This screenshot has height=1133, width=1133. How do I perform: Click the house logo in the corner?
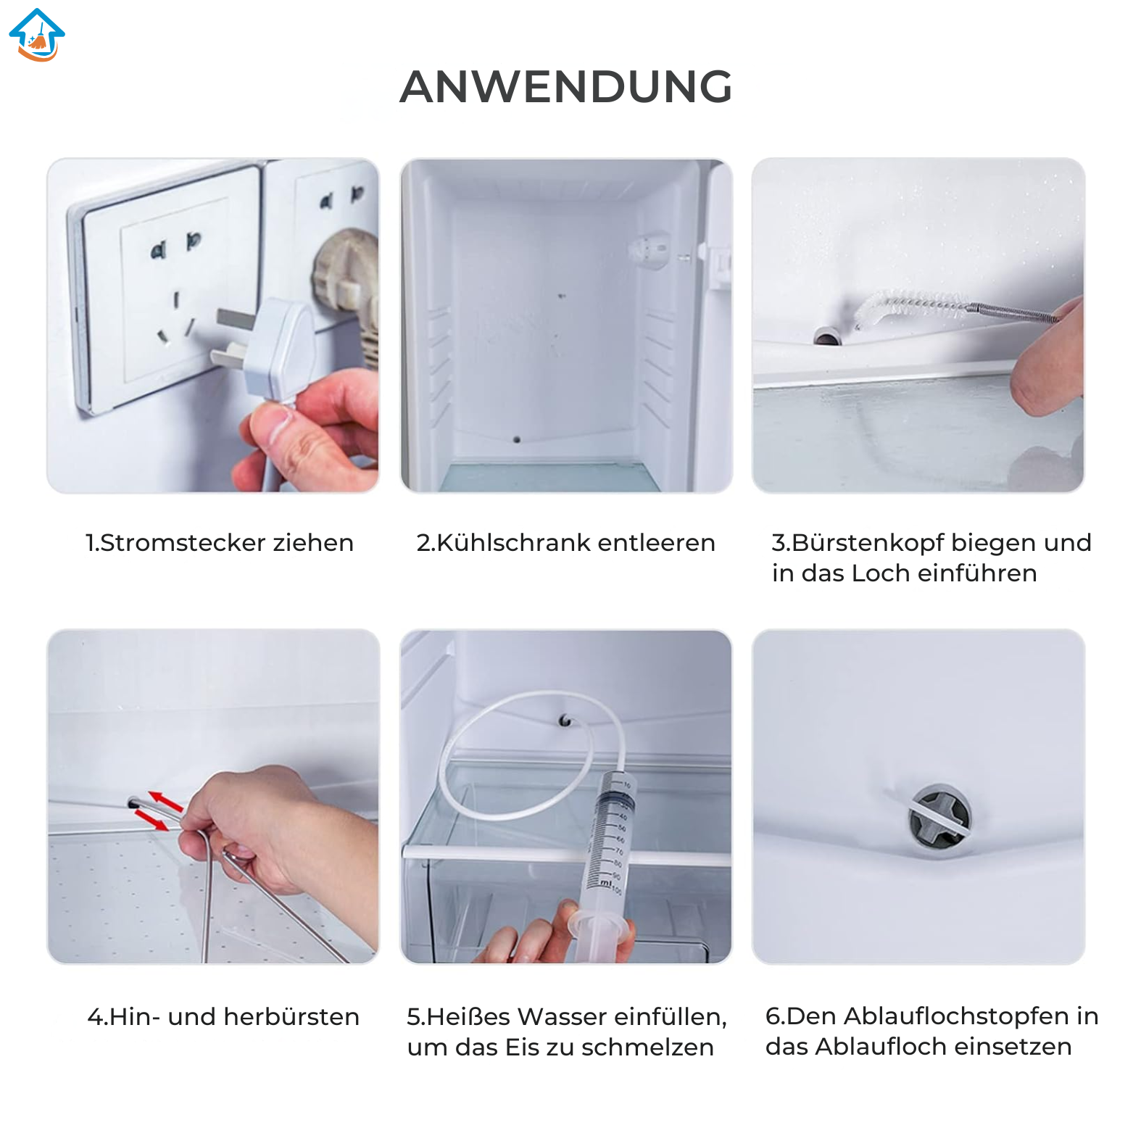tap(37, 35)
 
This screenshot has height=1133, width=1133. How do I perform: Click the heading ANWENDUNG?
tap(566, 87)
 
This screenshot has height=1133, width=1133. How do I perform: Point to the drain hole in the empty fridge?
tap(517, 439)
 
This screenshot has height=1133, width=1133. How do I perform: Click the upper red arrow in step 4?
tap(166, 801)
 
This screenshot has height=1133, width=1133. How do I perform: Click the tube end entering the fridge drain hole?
tap(565, 721)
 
